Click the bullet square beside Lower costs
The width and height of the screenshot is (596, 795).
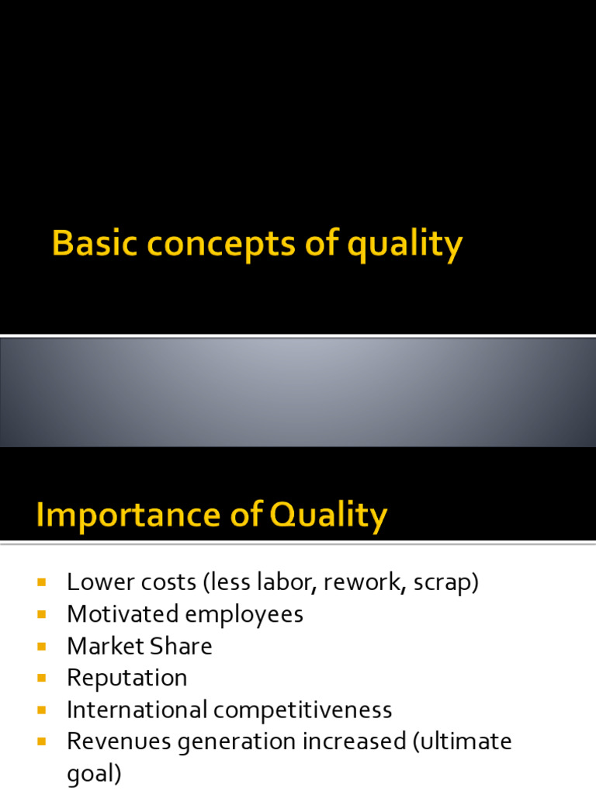pyautogui.click(x=42, y=581)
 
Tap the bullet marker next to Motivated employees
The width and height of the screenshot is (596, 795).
pyautogui.click(x=42, y=614)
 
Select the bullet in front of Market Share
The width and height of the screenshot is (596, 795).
pyautogui.click(x=42, y=646)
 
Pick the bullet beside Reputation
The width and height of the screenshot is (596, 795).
pyautogui.click(x=42, y=678)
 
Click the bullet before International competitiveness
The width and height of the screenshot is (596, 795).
pyautogui.click(x=42, y=710)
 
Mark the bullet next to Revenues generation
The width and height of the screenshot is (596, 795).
pyautogui.click(x=42, y=741)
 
